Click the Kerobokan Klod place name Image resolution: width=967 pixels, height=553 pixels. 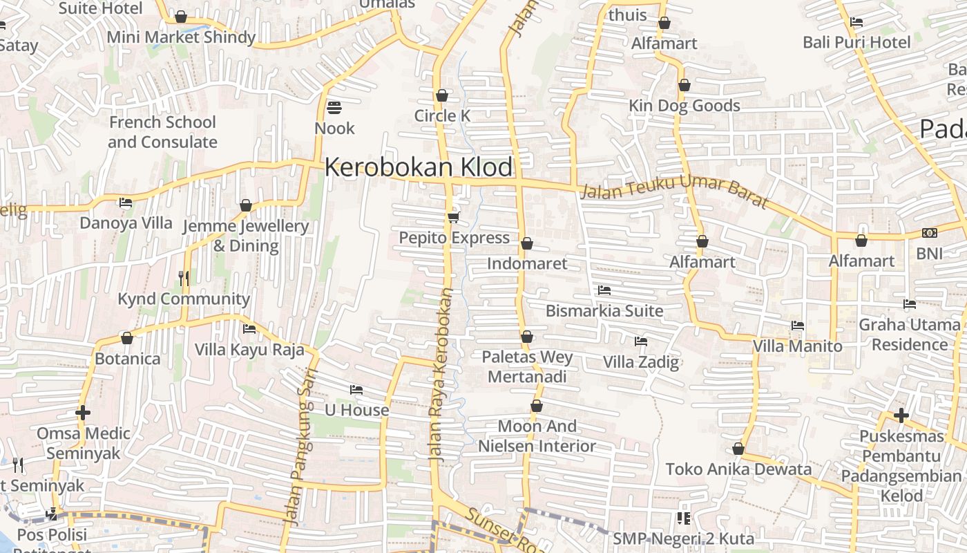click(x=419, y=167)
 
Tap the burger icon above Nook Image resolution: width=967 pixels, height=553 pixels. click(x=334, y=108)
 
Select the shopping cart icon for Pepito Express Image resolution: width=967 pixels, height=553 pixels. click(x=453, y=218)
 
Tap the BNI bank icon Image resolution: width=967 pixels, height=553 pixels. click(x=929, y=233)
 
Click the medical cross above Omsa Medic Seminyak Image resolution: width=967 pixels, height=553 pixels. click(x=83, y=413)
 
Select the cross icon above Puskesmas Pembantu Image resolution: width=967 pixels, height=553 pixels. click(x=901, y=415)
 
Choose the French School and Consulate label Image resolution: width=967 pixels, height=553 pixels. click(x=162, y=132)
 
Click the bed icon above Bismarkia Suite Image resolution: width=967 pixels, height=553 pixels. click(x=604, y=290)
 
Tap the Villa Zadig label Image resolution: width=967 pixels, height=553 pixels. click(x=641, y=362)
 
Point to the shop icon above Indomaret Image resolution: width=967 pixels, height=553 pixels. click(x=527, y=243)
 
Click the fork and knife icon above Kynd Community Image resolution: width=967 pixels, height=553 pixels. click(x=184, y=278)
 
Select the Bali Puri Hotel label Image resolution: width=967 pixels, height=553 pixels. click(x=856, y=42)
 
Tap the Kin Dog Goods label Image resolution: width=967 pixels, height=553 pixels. click(x=684, y=106)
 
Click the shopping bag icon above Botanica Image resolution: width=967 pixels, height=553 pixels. click(x=127, y=338)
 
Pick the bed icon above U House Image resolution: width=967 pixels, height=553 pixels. click(x=356, y=390)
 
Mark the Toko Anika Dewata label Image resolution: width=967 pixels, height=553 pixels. click(x=738, y=469)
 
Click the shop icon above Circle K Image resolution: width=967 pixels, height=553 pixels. click(x=442, y=95)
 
